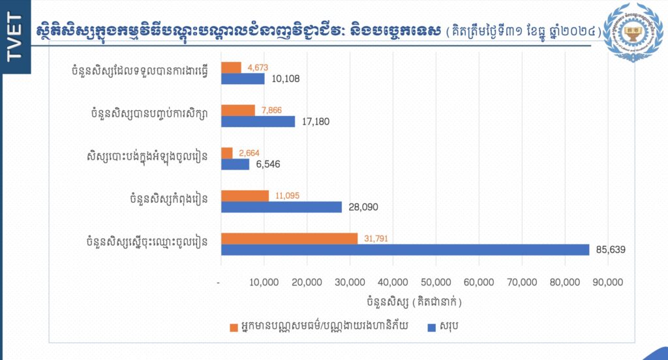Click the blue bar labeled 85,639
pos(404,249)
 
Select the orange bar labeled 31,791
pos(289,239)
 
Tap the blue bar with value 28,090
pos(281,207)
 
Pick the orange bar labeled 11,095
pos(245,196)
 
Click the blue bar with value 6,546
pos(235,164)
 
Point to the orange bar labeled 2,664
pos(227,153)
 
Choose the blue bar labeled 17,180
pos(258,121)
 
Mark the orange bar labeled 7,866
pos(238,110)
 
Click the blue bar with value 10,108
pos(243,78)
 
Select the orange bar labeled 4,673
pos(231,67)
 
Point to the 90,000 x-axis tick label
pos(607,282)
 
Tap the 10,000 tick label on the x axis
pos(264,282)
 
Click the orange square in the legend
pos(234,327)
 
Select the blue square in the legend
pos(431,327)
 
